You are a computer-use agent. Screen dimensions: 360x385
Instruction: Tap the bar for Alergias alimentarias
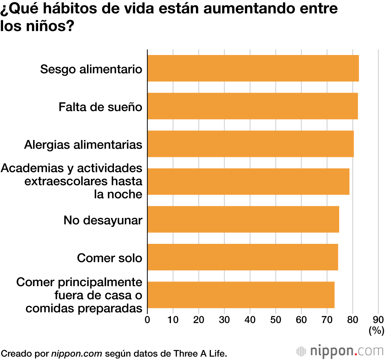pyautogui.click(x=251, y=144)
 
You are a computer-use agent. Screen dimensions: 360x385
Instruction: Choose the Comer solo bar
pyautogui.click(x=243, y=257)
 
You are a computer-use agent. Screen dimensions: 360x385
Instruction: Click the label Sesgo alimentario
pyautogui.click(x=91, y=69)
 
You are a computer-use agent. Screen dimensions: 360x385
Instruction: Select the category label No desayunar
pyautogui.click(x=103, y=220)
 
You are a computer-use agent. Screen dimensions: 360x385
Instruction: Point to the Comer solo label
pyautogui.click(x=109, y=257)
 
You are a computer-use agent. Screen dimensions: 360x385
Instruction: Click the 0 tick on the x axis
pyautogui.click(x=147, y=319)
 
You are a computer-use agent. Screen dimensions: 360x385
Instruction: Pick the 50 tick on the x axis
pyautogui.click(x=276, y=319)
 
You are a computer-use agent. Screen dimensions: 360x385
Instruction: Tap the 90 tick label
pyautogui.click(x=378, y=319)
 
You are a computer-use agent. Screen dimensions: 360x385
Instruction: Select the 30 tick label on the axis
pyautogui.click(x=224, y=319)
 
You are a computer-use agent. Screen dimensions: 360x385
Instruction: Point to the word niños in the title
pyautogui.click(x=49, y=27)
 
